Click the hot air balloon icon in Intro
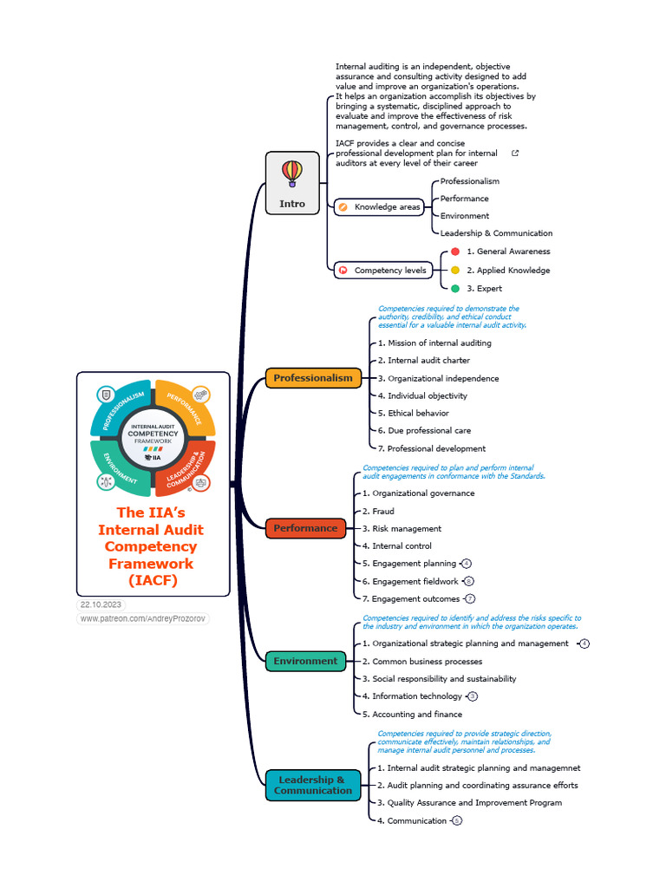click(x=292, y=173)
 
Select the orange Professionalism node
click(x=313, y=378)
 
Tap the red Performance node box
click(x=305, y=528)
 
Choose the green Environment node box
click(x=305, y=661)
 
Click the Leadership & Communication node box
click(x=313, y=785)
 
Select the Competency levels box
click(x=382, y=271)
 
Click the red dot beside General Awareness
click(x=455, y=251)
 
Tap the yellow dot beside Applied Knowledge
click(x=455, y=271)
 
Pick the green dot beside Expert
click(x=455, y=289)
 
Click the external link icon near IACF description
click(x=515, y=153)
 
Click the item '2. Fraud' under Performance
click(x=378, y=511)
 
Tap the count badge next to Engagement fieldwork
click(x=469, y=581)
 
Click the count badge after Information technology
click(x=473, y=696)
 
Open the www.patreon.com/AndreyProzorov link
click(x=143, y=619)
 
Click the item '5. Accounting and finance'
click(x=412, y=715)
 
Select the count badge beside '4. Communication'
click(x=457, y=820)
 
